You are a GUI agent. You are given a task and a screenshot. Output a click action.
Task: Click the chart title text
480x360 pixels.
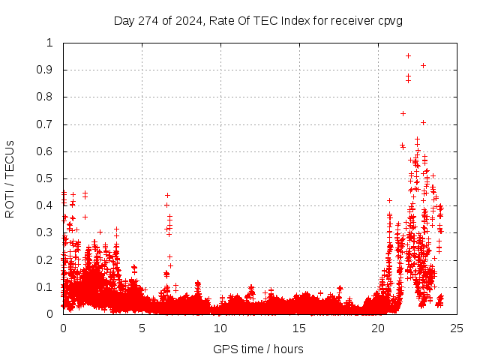tap(258, 20)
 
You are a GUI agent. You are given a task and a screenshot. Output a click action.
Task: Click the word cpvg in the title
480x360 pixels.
tap(390, 20)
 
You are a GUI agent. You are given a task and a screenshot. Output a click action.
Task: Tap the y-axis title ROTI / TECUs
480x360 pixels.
tap(10, 178)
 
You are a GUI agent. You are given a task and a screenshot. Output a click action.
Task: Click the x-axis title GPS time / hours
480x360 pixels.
tap(258, 349)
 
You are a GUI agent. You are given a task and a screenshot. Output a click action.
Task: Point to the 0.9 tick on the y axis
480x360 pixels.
tap(49, 70)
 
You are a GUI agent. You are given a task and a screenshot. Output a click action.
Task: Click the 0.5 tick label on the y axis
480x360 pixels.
tap(49, 178)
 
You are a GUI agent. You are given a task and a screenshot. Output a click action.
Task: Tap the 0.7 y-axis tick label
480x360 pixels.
tap(49, 124)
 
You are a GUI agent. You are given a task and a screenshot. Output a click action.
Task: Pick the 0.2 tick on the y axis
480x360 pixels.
tap(49, 260)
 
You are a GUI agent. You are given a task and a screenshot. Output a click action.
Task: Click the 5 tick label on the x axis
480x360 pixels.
tap(142, 328)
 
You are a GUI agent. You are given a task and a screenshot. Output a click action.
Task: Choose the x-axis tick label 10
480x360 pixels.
tap(220, 328)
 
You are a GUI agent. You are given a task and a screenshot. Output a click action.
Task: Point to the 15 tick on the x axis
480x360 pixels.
tap(299, 328)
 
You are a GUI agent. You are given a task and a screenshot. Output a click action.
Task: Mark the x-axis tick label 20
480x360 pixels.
tap(378, 328)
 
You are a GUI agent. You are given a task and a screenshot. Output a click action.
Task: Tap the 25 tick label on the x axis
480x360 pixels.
tap(457, 328)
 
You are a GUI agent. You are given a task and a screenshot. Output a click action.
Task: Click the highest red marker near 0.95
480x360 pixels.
tap(408, 55)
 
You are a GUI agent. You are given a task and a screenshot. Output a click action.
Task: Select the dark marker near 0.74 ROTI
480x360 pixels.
tap(403, 113)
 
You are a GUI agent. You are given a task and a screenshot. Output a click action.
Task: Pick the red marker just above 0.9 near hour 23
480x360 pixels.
tap(423, 66)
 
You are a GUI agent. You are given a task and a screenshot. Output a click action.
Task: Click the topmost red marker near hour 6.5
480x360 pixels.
tap(167, 195)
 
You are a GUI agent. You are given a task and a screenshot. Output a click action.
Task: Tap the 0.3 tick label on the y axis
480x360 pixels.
tap(49, 233)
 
